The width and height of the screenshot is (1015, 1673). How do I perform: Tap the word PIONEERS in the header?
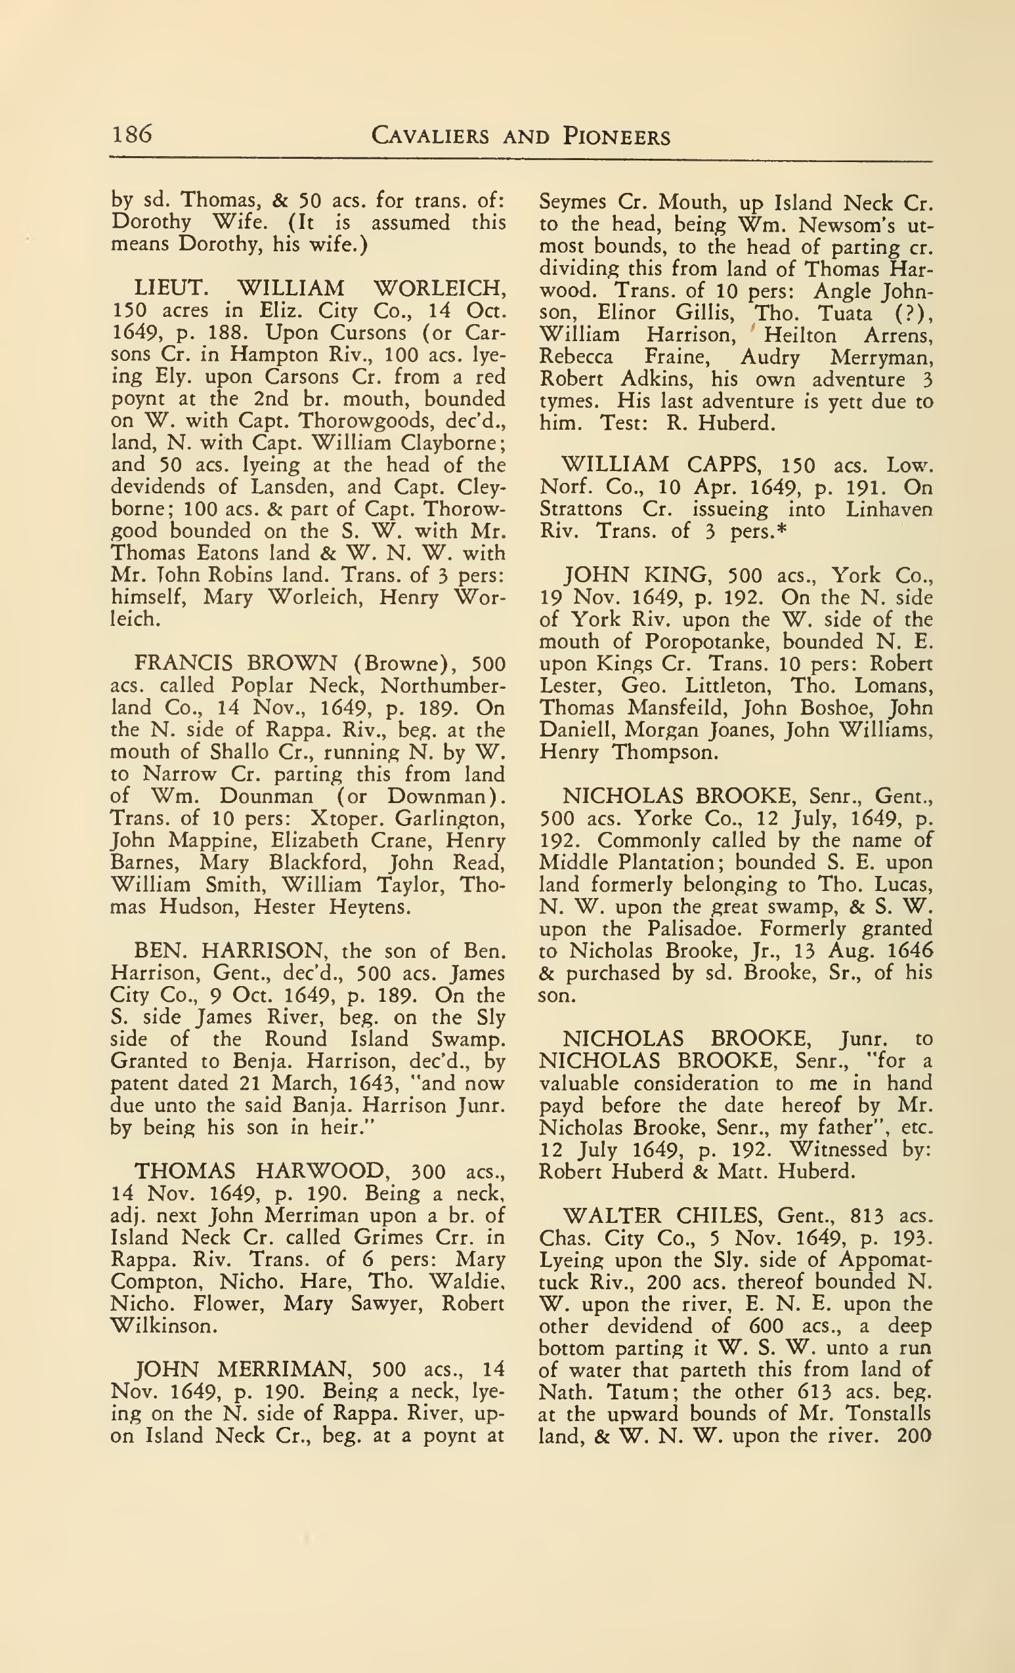[x=616, y=136]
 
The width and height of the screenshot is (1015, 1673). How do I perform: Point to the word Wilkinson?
[x=163, y=1325]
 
